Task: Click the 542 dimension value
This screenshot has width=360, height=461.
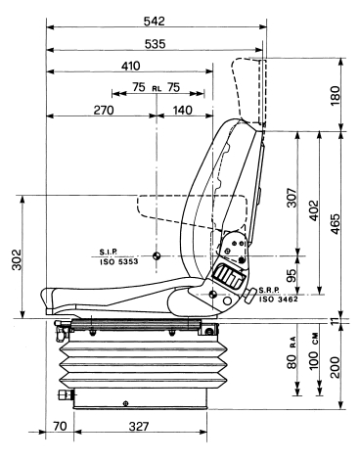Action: (x=155, y=22)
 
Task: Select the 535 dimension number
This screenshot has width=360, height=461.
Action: (x=155, y=44)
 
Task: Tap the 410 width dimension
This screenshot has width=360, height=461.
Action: (x=130, y=66)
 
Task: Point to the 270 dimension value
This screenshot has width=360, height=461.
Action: (x=104, y=111)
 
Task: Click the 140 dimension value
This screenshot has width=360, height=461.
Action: (x=183, y=111)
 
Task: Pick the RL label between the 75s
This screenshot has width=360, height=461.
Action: (x=157, y=88)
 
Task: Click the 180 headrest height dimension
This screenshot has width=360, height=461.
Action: (x=336, y=96)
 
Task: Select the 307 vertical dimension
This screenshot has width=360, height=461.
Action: (x=292, y=198)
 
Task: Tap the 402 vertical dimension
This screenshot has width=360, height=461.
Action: (x=313, y=210)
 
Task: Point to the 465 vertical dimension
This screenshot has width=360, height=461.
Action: (x=336, y=224)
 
